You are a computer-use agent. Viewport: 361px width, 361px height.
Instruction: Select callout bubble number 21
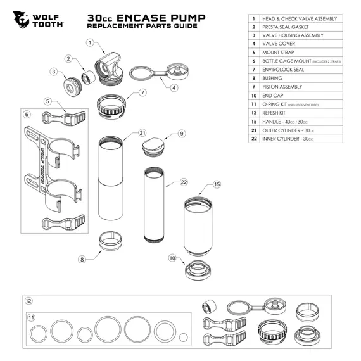pos(142,133)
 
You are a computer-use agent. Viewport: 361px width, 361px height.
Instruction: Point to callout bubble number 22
pos(184,182)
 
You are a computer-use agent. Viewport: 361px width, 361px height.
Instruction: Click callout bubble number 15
pos(217,185)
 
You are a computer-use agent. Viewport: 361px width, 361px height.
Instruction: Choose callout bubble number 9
pos(181,134)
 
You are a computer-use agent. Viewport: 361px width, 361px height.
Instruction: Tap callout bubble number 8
pos(82,259)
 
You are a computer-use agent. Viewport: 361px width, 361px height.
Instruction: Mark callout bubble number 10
pos(172,258)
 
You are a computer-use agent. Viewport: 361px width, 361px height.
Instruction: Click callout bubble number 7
pos(143,92)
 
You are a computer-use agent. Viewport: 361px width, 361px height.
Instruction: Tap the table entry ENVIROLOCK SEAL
pos(282,69)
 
